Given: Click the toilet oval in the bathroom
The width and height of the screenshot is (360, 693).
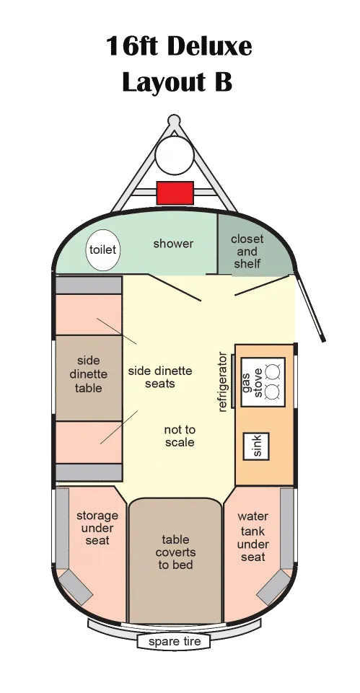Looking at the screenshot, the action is point(102,250).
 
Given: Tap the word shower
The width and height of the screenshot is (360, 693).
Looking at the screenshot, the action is point(173,244).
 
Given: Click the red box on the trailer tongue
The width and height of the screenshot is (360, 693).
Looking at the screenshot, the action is point(175,193).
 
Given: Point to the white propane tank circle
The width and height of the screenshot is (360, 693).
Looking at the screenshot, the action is point(175,154).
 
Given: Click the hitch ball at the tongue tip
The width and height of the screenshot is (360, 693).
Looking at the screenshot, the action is point(175,120).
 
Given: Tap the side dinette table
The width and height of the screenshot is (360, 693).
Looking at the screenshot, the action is point(89,378).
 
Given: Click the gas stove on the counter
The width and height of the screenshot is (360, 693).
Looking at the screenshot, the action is point(263,382).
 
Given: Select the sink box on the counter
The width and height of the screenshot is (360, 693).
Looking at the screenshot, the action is point(257,446).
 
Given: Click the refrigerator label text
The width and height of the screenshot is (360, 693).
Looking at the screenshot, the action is point(222,382).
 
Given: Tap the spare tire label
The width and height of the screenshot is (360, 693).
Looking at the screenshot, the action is point(175,641).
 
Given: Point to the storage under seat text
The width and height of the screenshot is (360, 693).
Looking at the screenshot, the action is point(97,528).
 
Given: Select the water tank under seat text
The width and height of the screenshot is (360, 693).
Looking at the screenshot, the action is point(253,537).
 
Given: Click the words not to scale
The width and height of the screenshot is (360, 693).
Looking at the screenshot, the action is point(180,436).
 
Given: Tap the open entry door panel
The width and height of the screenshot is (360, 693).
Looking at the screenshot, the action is point(310,306).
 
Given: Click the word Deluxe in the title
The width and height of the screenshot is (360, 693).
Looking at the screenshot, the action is point(210,47).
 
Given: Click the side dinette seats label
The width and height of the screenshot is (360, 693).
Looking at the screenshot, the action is point(160,377).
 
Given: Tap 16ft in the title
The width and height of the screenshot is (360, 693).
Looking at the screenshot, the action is point(133,46).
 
